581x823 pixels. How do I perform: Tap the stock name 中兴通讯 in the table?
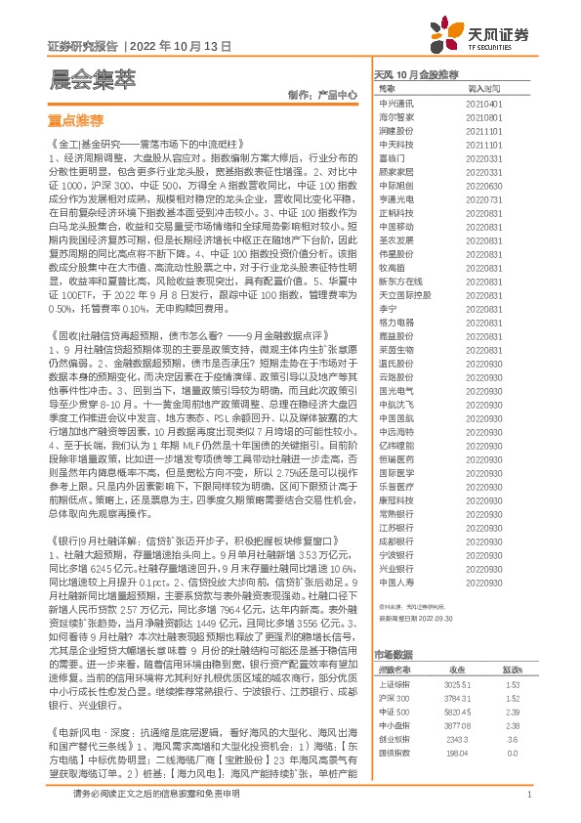[x=396, y=103]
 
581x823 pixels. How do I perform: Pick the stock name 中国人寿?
[x=396, y=582]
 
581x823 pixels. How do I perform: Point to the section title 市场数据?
[x=393, y=627]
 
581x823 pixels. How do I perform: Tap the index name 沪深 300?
[x=393, y=671]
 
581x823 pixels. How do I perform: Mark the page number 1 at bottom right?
[x=528, y=795]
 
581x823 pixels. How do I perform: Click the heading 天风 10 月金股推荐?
[x=417, y=74]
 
